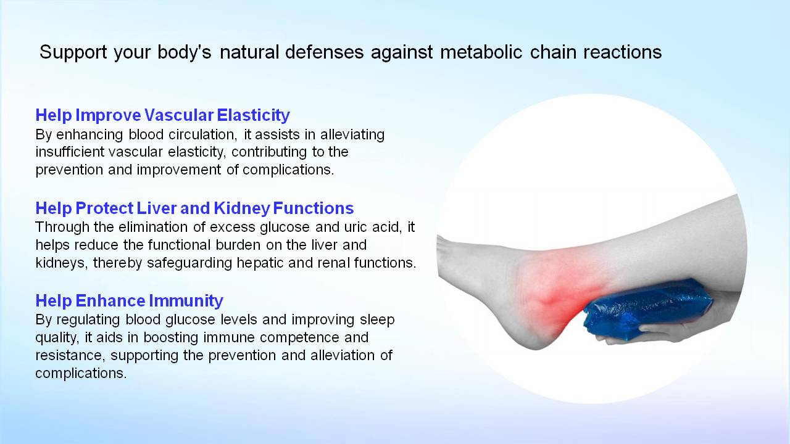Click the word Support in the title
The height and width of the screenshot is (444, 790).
tap(73, 52)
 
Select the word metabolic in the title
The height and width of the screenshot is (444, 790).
tap(481, 52)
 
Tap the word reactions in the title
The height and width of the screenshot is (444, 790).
tap(623, 52)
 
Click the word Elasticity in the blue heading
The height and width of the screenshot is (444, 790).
tap(253, 115)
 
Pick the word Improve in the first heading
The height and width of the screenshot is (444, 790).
tap(108, 115)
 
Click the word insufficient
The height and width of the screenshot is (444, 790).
tap(70, 152)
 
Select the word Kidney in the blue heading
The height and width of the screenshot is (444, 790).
tap(242, 208)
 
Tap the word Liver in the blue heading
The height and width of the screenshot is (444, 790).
tap(157, 208)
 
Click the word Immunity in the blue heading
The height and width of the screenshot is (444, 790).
tap(186, 301)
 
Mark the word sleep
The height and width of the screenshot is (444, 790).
tap(377, 320)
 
